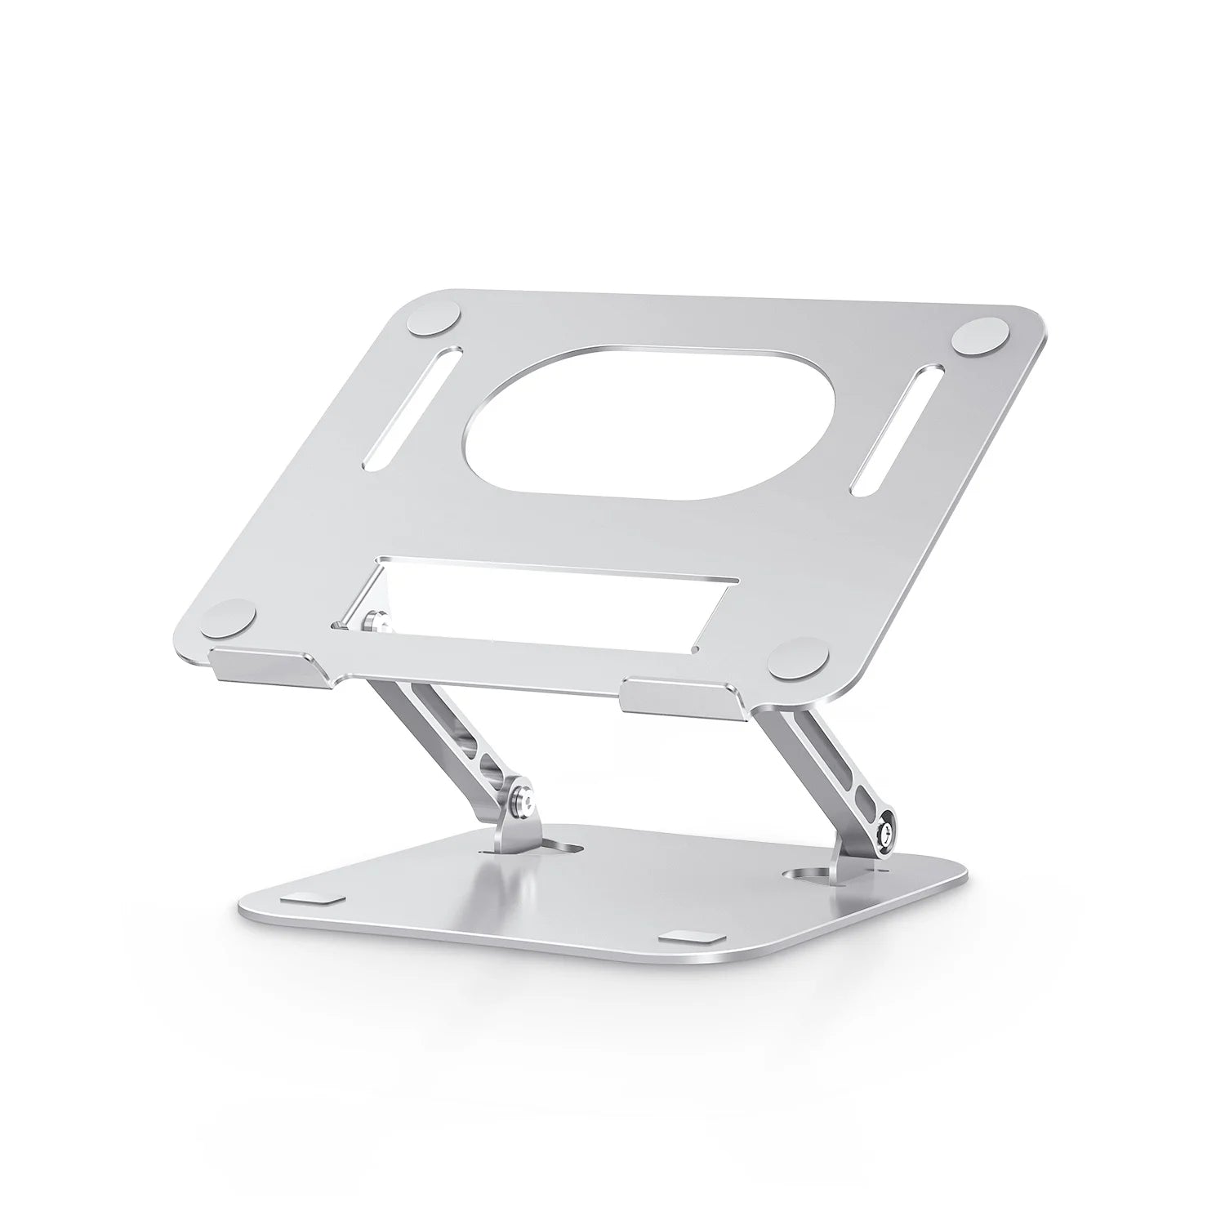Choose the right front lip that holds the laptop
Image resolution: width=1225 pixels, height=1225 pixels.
click(x=682, y=693)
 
